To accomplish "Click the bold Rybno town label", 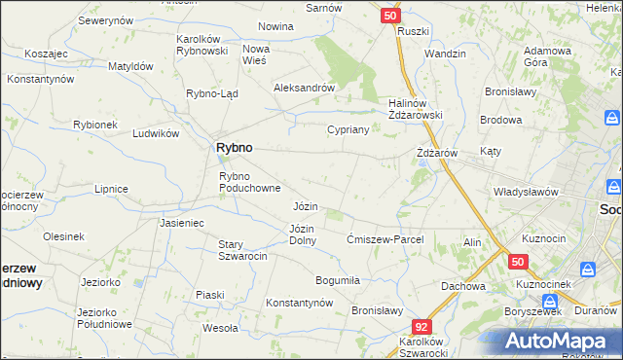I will point(233,147).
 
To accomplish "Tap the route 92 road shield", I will point(421,329).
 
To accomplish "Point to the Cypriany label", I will point(348,129).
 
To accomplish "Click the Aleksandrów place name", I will point(304,87).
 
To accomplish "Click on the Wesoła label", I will point(220,328).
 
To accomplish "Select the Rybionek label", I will point(95,125).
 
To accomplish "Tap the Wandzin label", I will point(446,54).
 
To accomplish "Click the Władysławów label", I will point(526,192).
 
